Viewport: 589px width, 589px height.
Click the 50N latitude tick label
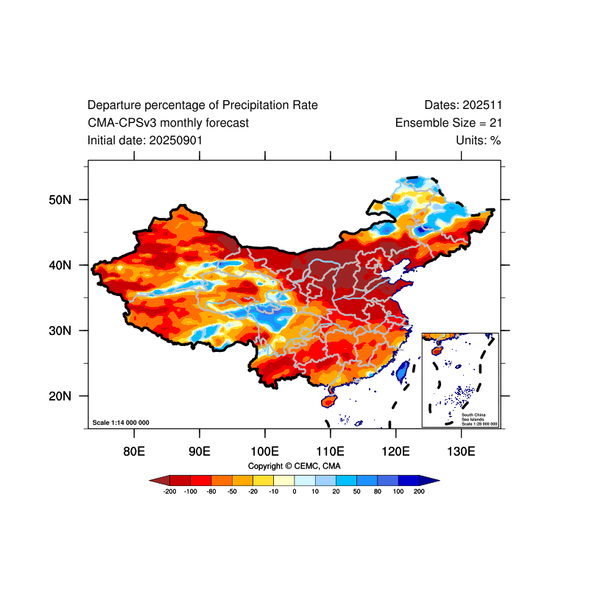coord(59,200)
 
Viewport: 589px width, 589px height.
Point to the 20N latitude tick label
coord(59,396)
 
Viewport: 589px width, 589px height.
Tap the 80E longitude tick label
coord(133,451)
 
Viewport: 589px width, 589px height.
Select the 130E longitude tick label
coord(461,451)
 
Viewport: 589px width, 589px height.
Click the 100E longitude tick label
coord(264,451)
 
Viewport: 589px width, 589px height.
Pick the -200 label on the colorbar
coord(169,491)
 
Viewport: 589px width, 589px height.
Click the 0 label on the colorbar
coord(294,491)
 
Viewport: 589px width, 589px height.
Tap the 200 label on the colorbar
coord(420,491)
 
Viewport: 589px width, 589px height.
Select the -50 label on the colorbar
coord(232,491)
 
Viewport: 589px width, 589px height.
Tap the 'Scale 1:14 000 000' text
coord(121,423)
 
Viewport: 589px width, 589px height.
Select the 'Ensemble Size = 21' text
coord(448,123)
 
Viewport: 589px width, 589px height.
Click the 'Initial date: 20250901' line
coord(145,140)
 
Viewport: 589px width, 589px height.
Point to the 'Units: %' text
coord(478,140)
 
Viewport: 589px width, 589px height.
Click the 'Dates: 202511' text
coord(463,105)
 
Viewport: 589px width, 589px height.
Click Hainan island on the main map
coord(329,401)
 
